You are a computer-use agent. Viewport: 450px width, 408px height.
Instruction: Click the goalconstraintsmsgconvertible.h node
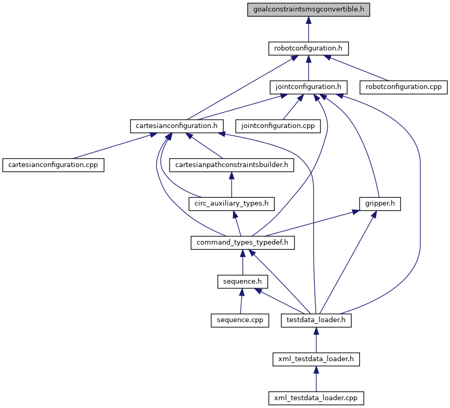click(x=308, y=10)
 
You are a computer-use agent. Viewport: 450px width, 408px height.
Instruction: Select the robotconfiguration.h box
click(x=308, y=48)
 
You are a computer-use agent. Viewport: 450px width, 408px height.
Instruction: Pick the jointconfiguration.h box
click(x=308, y=87)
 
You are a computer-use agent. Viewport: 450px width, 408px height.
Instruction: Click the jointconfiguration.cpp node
click(x=278, y=125)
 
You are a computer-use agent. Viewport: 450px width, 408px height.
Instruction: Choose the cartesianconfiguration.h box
click(x=177, y=125)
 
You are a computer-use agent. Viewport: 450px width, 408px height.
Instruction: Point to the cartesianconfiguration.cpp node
click(x=54, y=164)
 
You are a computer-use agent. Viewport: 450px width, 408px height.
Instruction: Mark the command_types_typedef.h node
click(x=243, y=242)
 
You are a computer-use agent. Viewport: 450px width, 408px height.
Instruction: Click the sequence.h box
click(x=242, y=282)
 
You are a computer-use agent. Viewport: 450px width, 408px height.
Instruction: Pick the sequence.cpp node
click(x=240, y=320)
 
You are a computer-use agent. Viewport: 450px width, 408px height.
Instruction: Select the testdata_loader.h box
click(x=316, y=320)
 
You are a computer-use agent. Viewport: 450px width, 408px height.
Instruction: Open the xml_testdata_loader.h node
click(x=316, y=359)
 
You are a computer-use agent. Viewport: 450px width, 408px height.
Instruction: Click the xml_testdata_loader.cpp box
click(x=316, y=398)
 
